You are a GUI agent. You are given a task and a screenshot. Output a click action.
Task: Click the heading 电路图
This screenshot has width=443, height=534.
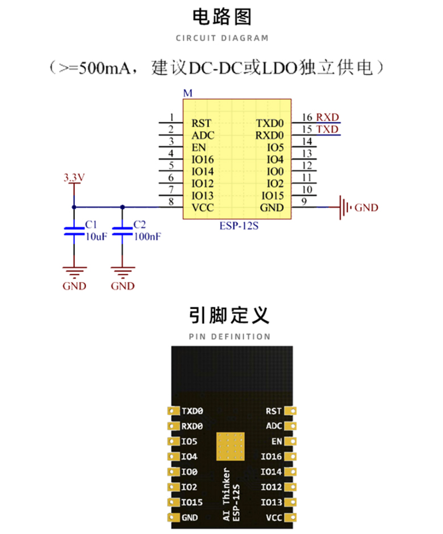pyautogui.click(x=221, y=17)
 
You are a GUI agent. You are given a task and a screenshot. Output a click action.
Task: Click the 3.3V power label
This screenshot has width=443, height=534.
pyautogui.click(x=74, y=178)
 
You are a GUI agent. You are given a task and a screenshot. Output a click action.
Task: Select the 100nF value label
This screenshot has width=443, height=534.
pyautogui.click(x=147, y=237)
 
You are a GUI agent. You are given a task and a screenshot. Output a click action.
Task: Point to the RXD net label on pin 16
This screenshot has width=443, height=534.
pyautogui.click(x=327, y=117)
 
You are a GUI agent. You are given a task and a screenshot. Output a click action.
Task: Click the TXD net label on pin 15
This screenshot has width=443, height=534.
pyautogui.click(x=327, y=130)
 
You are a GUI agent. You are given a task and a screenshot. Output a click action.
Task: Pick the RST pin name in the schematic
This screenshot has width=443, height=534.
pyautogui.click(x=201, y=123)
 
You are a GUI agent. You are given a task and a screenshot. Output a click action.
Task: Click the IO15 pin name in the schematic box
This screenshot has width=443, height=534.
pyautogui.click(x=272, y=195)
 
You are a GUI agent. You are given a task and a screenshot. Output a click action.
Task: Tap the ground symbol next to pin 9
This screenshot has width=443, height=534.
pyautogui.click(x=344, y=207)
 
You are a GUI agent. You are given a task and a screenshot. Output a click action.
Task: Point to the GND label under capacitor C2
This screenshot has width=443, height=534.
pyautogui.click(x=123, y=286)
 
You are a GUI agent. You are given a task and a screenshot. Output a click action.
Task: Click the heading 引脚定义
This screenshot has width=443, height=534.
pyautogui.click(x=221, y=315)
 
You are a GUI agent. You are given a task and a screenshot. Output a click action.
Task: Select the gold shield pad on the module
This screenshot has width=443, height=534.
pyautogui.click(x=230, y=447)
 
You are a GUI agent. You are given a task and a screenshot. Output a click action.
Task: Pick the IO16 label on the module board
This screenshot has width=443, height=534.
pyautogui.click(x=271, y=457)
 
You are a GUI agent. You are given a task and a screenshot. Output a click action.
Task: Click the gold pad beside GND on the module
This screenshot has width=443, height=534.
pyautogui.click(x=171, y=518)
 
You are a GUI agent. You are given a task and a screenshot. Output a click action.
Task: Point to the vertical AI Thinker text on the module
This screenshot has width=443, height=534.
pyautogui.click(x=227, y=494)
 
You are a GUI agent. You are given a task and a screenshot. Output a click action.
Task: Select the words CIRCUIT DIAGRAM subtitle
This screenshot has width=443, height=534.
pyautogui.click(x=221, y=38)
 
